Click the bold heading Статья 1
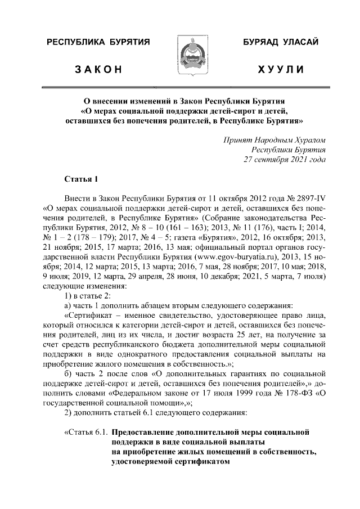82,179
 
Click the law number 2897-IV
310,200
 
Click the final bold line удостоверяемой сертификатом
172,462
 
